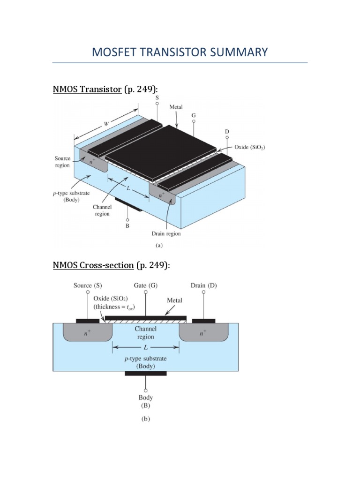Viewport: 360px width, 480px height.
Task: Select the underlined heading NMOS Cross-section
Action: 93,266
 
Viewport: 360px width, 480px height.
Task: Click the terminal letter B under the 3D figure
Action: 127,226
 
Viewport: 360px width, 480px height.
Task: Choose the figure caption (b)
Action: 146,420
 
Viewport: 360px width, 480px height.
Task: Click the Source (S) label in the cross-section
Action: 88,285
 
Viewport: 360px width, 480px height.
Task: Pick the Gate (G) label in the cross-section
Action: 145,285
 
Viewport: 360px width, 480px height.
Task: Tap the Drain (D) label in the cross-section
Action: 204,285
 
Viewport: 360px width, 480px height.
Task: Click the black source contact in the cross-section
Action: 88,321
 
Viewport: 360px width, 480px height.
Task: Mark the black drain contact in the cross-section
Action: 204,321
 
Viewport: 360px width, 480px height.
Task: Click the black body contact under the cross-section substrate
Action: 145,374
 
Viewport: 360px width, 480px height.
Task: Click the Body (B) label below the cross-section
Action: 146,401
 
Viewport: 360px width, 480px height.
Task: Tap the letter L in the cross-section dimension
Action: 146,347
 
